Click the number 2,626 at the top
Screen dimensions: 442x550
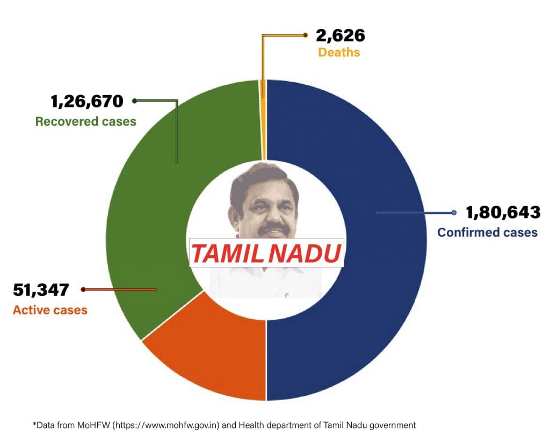point(341,36)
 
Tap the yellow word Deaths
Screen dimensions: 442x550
point(338,53)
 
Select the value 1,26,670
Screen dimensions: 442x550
point(87,100)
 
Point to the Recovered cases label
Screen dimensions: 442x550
point(85,121)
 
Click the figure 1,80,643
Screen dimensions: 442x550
point(503,213)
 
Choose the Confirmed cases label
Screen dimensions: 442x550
point(487,233)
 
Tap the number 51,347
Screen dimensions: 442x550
point(41,290)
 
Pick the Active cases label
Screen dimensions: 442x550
point(50,310)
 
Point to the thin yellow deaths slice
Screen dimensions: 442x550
point(263,91)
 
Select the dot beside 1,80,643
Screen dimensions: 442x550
point(454,213)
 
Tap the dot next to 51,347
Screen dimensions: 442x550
point(83,290)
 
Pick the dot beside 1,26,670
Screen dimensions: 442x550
point(134,100)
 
